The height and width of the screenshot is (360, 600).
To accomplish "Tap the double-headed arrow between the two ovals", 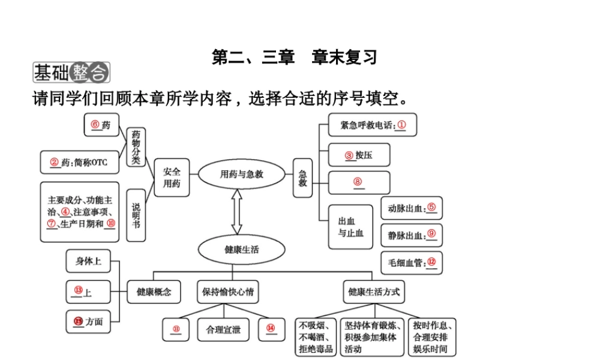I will (x=237, y=212).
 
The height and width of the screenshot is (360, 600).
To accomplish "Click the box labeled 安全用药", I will (x=172, y=178).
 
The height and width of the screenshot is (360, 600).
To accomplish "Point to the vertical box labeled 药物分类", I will (x=136, y=148).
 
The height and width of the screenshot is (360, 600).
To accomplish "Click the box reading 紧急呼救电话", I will (x=372, y=125).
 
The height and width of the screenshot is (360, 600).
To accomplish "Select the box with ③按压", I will (x=359, y=155).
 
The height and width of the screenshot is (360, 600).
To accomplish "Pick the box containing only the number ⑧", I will (x=359, y=182).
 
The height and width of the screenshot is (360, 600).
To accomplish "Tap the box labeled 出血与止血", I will (x=350, y=227).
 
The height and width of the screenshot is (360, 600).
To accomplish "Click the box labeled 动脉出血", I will (x=411, y=208).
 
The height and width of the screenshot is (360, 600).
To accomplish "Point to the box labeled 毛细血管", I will (x=411, y=262).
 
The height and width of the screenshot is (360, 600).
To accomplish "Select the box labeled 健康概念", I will (x=154, y=292).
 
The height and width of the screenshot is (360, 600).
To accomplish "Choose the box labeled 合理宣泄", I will (x=223, y=329).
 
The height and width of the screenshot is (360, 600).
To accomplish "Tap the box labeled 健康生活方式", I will (x=373, y=292).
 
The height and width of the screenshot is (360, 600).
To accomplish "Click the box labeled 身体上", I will (x=88, y=261).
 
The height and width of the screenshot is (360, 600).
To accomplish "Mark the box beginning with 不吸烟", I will (x=316, y=337).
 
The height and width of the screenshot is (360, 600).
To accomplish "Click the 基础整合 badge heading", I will (x=71, y=73).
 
